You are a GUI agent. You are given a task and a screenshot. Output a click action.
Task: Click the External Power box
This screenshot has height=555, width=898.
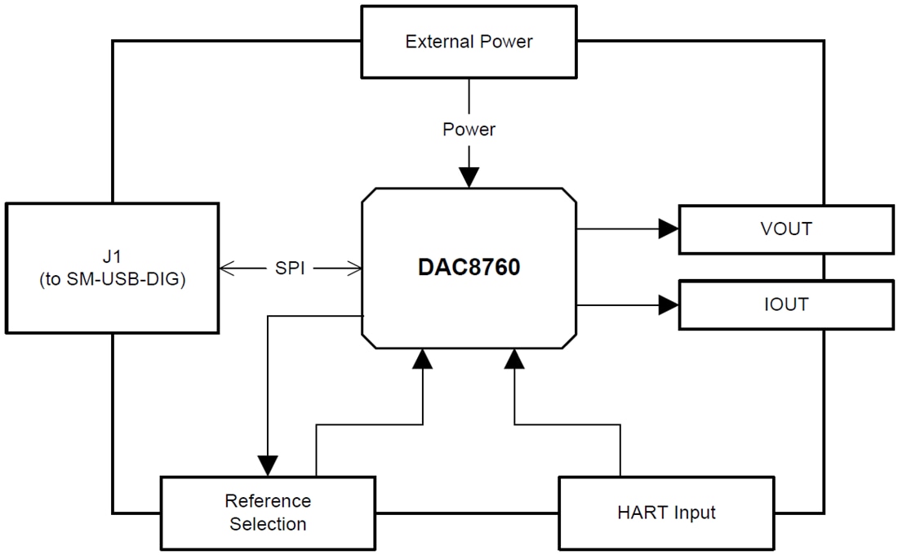tap(469, 42)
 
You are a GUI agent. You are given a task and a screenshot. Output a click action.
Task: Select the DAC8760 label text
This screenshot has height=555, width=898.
tap(469, 268)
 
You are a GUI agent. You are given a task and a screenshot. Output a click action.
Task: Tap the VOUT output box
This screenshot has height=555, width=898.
tap(785, 229)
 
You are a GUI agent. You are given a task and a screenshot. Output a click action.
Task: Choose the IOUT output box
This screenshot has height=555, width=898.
tap(785, 304)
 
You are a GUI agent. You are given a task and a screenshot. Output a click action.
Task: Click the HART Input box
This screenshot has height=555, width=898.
tap(665, 513)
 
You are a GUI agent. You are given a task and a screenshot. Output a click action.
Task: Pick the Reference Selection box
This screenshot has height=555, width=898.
tap(268, 513)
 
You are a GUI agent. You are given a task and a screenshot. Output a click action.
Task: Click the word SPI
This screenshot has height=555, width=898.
tap(289, 268)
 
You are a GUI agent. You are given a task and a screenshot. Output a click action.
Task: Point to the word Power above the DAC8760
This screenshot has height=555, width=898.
tap(469, 129)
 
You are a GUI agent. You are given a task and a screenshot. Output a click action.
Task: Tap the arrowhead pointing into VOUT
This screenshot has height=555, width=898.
tap(669, 229)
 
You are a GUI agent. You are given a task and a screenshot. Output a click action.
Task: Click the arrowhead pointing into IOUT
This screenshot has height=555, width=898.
tap(669, 305)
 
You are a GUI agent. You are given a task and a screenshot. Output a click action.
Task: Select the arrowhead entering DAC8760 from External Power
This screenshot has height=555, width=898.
tap(469, 178)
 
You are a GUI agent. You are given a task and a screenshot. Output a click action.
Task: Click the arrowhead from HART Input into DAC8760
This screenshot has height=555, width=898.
tap(514, 359)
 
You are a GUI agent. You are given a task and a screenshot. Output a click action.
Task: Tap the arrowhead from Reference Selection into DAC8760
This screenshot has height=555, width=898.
tap(422, 359)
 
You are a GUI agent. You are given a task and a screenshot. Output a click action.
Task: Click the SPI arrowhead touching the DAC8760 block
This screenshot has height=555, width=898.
tap(354, 268)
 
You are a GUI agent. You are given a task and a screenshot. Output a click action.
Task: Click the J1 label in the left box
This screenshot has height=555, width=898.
tap(112, 256)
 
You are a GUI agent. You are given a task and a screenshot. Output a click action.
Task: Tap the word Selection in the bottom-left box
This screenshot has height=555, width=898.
tap(268, 524)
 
